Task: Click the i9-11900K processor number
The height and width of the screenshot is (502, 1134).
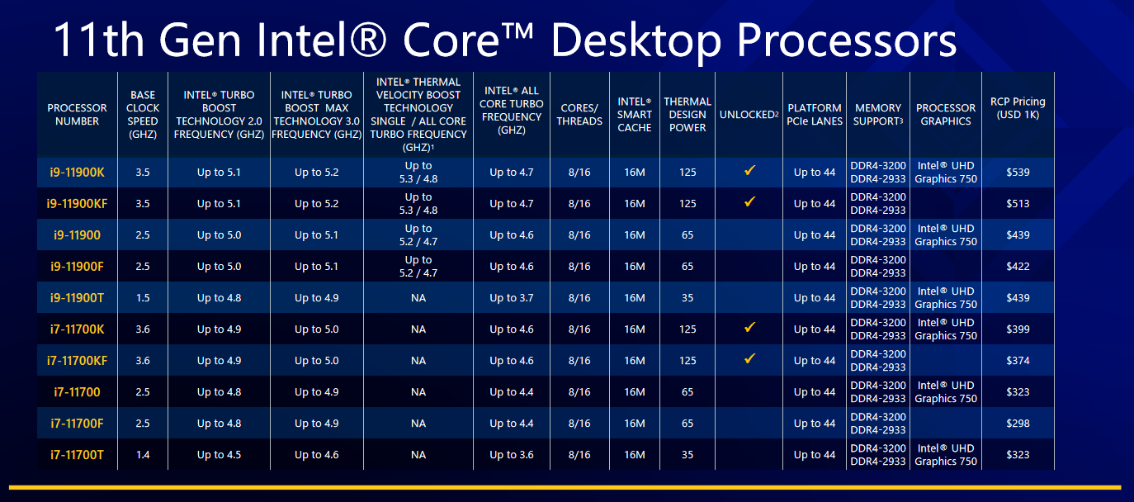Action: (x=77, y=173)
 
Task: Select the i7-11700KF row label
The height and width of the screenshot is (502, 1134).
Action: (x=77, y=361)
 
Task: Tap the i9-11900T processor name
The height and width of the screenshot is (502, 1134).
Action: (x=77, y=298)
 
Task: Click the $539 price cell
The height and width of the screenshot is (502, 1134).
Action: (x=1018, y=173)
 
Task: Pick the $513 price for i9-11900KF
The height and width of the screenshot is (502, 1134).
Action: (x=1018, y=204)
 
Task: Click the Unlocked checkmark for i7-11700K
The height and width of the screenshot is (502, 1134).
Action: (x=749, y=327)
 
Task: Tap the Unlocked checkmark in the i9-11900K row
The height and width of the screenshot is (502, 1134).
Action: (x=749, y=170)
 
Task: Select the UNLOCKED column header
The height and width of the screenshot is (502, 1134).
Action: (x=749, y=115)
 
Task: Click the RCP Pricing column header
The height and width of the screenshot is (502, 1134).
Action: (x=1018, y=108)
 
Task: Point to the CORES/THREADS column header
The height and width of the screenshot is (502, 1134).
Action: (x=579, y=115)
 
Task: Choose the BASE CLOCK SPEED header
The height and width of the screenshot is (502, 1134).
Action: (x=143, y=115)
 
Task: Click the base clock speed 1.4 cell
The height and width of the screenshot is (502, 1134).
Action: (x=143, y=455)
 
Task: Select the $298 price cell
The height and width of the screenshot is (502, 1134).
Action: (x=1018, y=424)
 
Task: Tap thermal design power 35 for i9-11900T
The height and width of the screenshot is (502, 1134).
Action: (x=687, y=298)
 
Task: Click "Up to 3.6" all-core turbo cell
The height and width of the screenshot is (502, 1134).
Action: (x=512, y=455)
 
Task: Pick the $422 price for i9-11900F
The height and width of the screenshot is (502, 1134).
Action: (x=1018, y=267)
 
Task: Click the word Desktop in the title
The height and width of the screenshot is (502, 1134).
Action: (x=636, y=41)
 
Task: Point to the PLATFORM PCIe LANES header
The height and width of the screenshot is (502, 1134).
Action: (x=815, y=115)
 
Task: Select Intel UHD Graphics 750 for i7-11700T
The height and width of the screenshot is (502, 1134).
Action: (x=946, y=455)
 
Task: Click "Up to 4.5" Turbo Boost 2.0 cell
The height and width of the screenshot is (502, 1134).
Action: (x=219, y=455)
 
